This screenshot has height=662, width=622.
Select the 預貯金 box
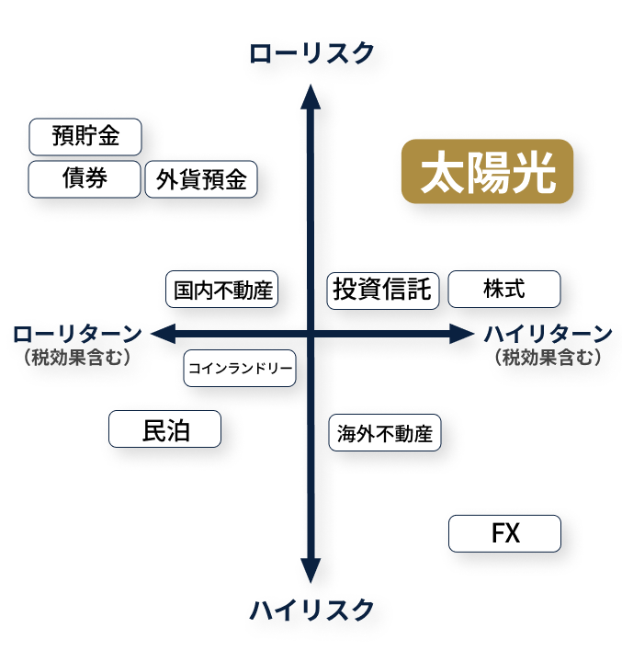point(86,137)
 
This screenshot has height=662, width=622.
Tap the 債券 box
point(85,178)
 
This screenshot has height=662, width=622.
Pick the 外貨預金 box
point(201,179)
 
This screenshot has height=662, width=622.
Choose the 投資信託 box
point(382,289)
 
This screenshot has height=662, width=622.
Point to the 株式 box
point(503,289)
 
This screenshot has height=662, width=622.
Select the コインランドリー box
point(240,369)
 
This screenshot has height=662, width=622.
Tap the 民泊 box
point(165,429)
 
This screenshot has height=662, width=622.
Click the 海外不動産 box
point(384,433)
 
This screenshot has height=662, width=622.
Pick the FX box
point(504,533)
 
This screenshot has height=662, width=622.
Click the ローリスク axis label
point(311,54)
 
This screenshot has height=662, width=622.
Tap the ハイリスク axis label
point(311,610)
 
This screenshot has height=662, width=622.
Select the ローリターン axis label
point(77,333)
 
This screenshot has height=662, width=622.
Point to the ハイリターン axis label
point(548,333)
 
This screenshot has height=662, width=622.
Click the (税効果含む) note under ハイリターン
point(548,358)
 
